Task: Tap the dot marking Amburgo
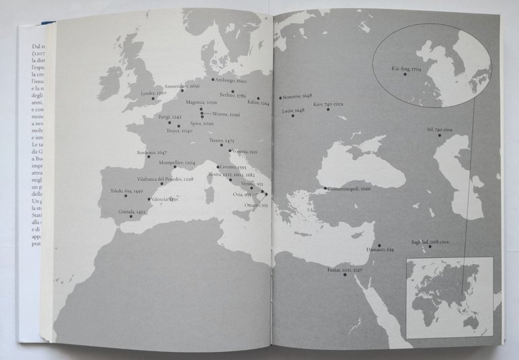pyautogui.click(x=213, y=80)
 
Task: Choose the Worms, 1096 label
pyautogui.click(x=225, y=115)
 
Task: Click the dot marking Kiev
pyautogui.click(x=328, y=109)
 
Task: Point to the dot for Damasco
pyautogui.click(x=379, y=245)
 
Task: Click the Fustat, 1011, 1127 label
pyautogui.click(x=345, y=269)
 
